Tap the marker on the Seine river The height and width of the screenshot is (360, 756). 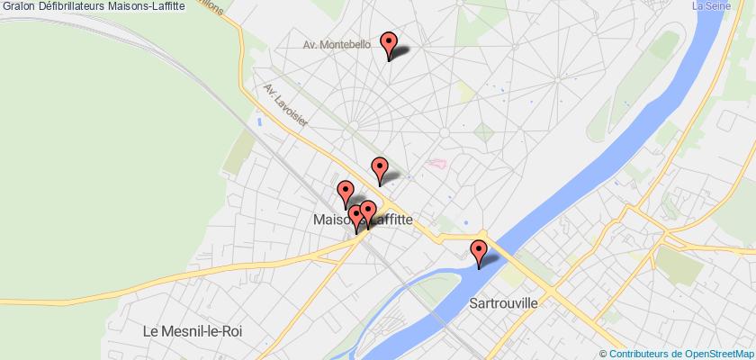pyautogui.click(x=479, y=253)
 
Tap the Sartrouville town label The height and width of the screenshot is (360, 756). pyautogui.click(x=503, y=279)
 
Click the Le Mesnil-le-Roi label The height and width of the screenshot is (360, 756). pyautogui.click(x=194, y=331)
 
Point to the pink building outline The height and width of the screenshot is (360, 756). pyautogui.click(x=437, y=164)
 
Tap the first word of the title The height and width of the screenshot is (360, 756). pyautogui.click(x=13, y=6)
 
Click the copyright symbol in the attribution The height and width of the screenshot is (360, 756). pyautogui.click(x=604, y=352)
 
